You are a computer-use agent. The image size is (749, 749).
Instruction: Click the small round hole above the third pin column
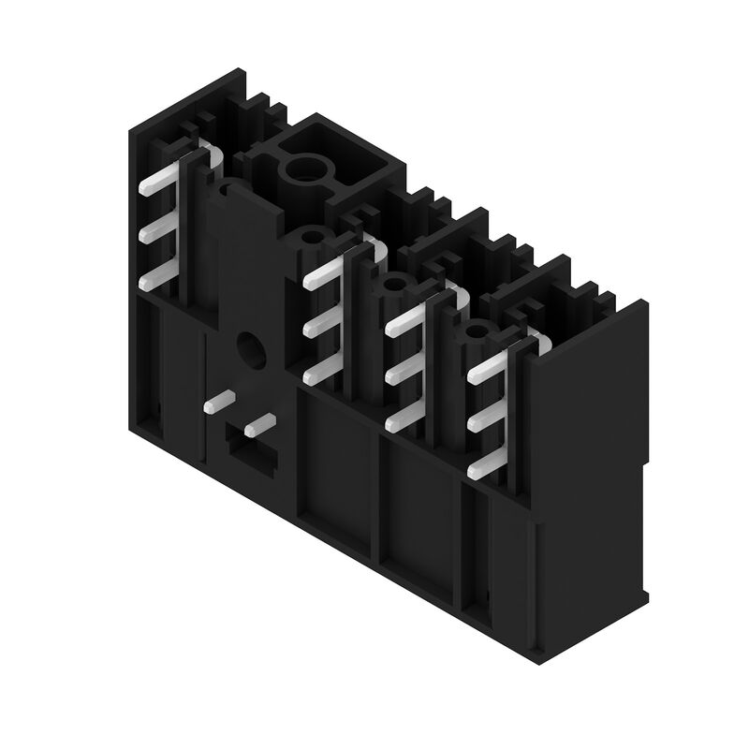[x=393, y=284]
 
